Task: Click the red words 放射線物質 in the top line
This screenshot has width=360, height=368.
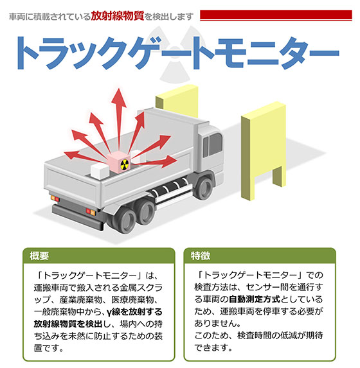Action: click(x=117, y=16)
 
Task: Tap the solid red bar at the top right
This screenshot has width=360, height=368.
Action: click(x=276, y=15)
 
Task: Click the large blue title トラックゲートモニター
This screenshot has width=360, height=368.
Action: click(x=178, y=53)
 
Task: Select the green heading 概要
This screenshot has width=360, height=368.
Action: click(x=39, y=256)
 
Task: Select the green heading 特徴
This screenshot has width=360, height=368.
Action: click(x=200, y=256)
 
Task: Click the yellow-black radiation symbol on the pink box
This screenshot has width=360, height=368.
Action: click(x=125, y=164)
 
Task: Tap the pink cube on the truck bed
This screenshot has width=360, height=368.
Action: click(x=118, y=163)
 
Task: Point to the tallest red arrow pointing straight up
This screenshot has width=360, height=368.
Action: click(x=119, y=119)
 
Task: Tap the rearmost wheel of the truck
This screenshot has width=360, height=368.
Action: click(x=127, y=221)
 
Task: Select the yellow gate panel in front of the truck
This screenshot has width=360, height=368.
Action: click(x=264, y=151)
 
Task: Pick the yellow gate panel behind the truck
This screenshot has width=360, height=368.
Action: click(x=177, y=101)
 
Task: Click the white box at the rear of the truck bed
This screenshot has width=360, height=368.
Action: click(x=100, y=171)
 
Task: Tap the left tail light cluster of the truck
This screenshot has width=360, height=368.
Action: click(x=55, y=198)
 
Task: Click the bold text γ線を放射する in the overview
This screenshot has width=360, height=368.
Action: click(x=134, y=312)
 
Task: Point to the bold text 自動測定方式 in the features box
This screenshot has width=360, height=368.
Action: click(x=255, y=299)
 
